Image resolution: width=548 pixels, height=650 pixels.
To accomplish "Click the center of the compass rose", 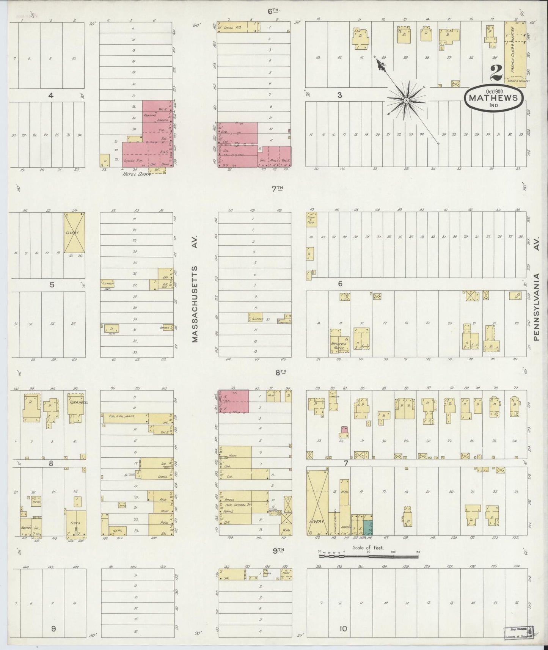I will (406, 100).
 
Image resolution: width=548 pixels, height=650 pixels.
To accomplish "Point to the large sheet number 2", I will (496, 73).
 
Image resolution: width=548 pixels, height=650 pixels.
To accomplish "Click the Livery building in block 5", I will (74, 232).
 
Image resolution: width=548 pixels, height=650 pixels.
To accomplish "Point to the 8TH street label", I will (280, 372).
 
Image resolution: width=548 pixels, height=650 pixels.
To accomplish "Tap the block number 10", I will (343, 629).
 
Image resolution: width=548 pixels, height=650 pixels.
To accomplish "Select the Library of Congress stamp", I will (518, 633).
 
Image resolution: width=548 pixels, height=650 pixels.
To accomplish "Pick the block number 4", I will (50, 96).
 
